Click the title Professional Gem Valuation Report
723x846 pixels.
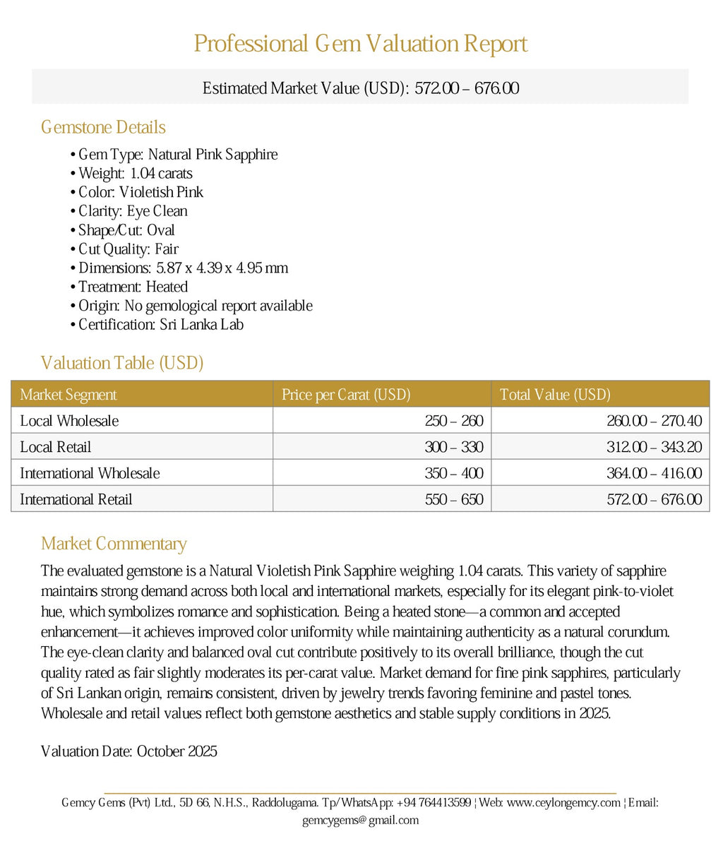(361, 44)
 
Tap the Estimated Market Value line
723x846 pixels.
(361, 88)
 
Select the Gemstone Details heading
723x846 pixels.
(103, 127)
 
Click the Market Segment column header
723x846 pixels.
(68, 395)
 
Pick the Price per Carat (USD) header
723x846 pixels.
(346, 395)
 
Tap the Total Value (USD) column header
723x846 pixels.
(555, 395)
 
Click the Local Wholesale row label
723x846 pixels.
(69, 421)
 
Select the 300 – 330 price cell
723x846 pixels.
(454, 447)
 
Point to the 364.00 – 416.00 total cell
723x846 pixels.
(654, 473)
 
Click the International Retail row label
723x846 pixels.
(76, 499)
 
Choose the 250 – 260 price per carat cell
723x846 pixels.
(454, 421)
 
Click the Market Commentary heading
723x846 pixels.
(114, 544)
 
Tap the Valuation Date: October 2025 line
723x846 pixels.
(129, 751)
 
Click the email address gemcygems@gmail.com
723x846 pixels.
(360, 821)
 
